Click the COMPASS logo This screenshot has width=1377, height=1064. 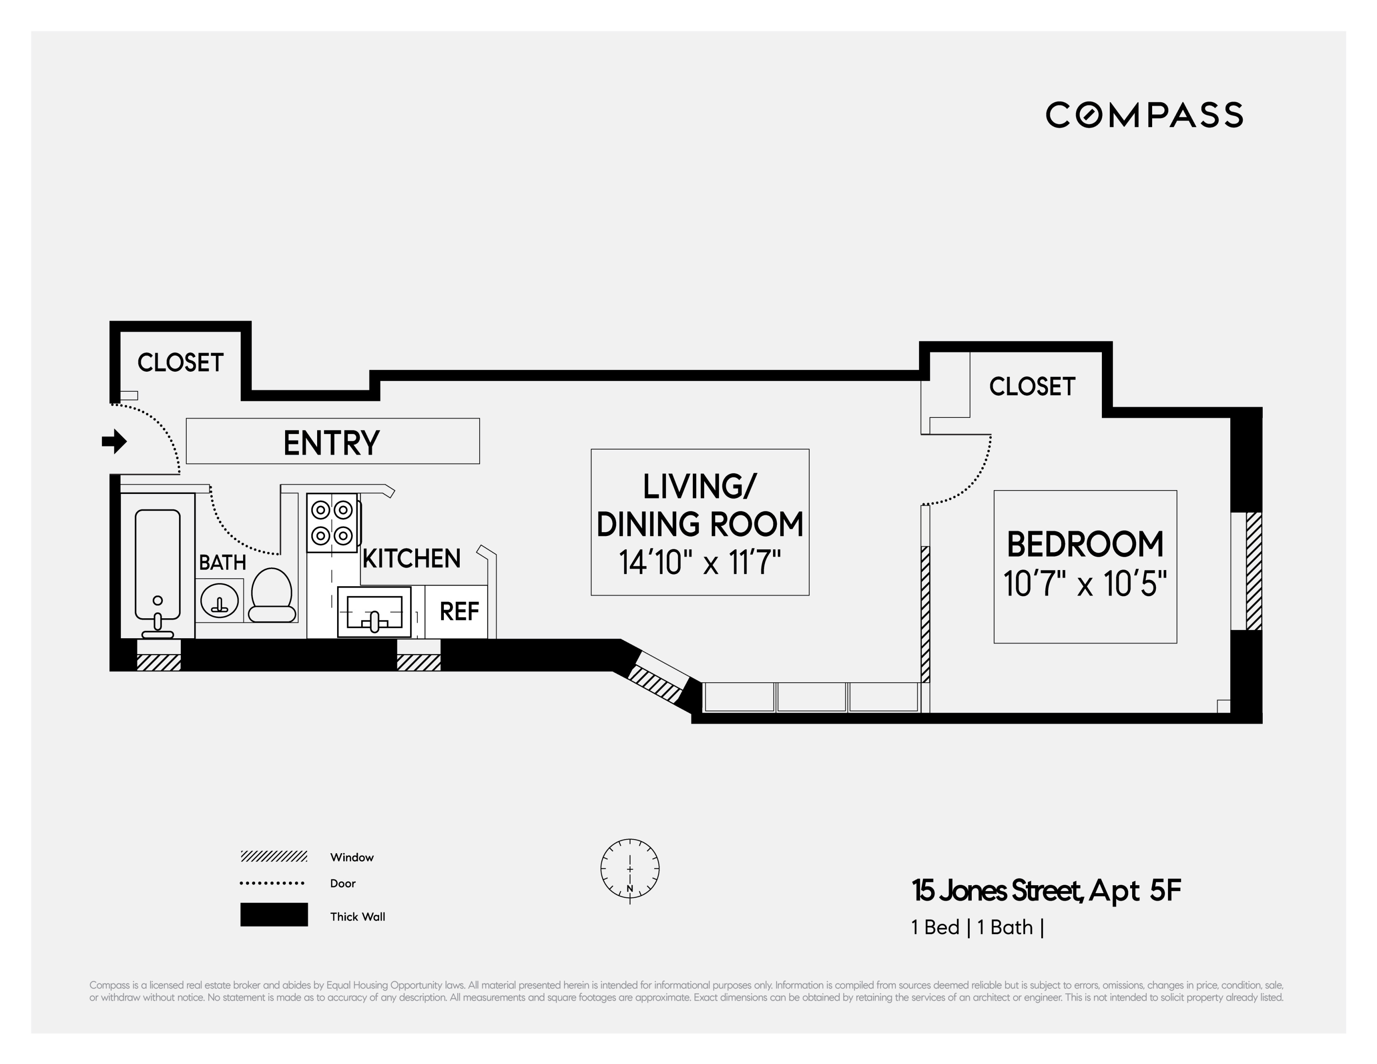coord(1144,115)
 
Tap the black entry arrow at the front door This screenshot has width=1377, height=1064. coord(114,442)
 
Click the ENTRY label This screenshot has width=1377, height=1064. coord(332,443)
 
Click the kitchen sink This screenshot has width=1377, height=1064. coord(374,612)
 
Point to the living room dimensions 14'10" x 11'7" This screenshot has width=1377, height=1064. coord(700,562)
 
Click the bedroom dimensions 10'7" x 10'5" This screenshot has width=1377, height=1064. coord(1085,584)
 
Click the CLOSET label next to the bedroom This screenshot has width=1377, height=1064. coord(1032,387)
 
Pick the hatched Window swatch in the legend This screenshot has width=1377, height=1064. coord(273,857)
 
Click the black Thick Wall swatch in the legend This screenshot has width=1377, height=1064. coord(273,914)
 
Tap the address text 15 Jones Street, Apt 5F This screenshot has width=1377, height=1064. coord(1046,891)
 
